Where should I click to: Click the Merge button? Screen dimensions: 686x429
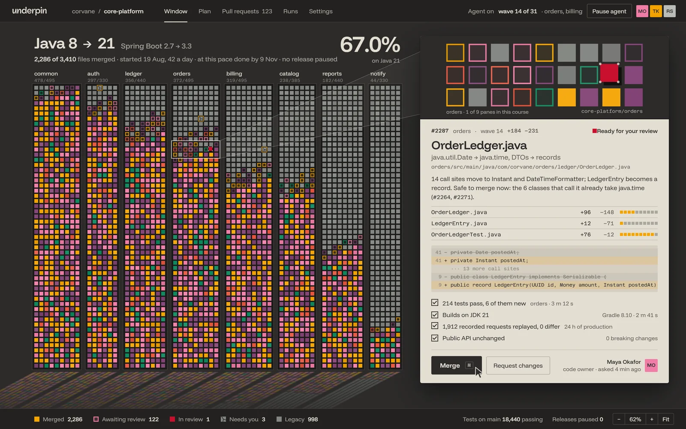[x=456, y=365]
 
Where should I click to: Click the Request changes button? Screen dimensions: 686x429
[x=518, y=365]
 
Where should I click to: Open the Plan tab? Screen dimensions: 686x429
[x=205, y=11]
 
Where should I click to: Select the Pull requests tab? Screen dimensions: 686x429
[x=247, y=11]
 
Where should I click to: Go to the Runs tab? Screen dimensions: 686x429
[x=290, y=11]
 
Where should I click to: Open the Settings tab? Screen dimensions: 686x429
[x=321, y=11]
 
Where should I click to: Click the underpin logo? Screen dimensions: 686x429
[x=30, y=11]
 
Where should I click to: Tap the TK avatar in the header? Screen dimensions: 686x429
[x=656, y=11]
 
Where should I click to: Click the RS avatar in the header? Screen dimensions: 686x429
[x=669, y=11]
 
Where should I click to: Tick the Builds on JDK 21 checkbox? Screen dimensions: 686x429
[x=435, y=315]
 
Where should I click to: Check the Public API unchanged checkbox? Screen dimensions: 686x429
[x=435, y=338]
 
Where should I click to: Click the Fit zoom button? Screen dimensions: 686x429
[x=666, y=419]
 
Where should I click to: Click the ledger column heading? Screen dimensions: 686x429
[x=133, y=73]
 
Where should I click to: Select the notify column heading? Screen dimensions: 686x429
[x=378, y=73]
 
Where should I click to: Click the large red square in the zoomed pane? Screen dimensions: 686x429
[x=609, y=73]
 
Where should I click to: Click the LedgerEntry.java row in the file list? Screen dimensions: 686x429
[x=544, y=224]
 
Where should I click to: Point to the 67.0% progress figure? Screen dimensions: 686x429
[x=370, y=45]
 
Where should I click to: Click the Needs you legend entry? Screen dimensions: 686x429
[x=243, y=419]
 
